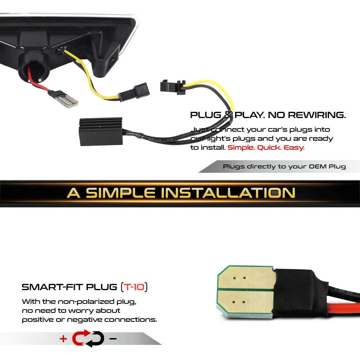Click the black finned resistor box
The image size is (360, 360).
100,131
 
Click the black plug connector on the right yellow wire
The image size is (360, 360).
173,87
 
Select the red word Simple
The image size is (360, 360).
241,148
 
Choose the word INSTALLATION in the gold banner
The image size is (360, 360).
228,193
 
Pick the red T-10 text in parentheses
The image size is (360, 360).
134,287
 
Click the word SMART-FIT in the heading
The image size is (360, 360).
52,287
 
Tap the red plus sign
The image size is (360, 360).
63,338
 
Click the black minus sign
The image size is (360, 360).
113,338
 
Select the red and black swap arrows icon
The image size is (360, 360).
88,338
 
